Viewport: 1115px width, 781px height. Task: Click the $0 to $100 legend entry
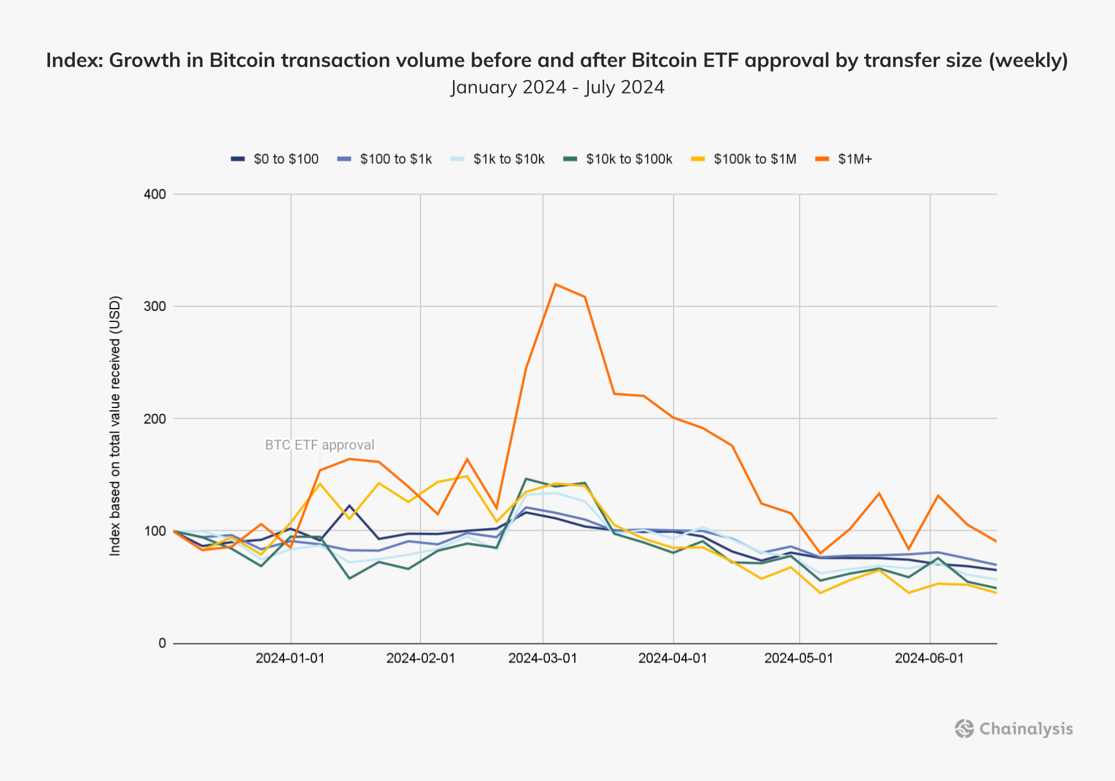click(x=275, y=159)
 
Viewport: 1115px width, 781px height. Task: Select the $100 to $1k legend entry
click(x=385, y=159)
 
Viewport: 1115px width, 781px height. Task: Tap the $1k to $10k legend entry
click(x=498, y=159)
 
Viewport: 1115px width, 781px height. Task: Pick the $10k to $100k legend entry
click(x=618, y=159)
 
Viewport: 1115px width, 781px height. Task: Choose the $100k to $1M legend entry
click(x=744, y=159)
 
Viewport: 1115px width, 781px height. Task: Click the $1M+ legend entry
click(x=844, y=159)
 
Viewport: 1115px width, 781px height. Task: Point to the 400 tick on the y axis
click(x=154, y=194)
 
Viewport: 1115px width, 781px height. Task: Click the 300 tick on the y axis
click(x=154, y=306)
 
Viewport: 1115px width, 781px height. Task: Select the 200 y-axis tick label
click(x=154, y=418)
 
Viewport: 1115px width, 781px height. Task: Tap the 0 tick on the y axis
click(x=162, y=643)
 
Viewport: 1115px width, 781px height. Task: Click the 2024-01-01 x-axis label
click(x=290, y=658)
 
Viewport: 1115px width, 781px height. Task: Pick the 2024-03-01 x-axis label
click(x=542, y=658)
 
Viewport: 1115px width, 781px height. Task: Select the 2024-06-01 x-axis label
click(x=929, y=658)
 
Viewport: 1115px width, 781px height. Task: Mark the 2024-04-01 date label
click(x=672, y=658)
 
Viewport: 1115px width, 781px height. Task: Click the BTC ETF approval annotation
click(x=319, y=445)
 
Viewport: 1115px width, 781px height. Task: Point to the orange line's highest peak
click(x=556, y=284)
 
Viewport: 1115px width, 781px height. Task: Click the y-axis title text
click(x=116, y=426)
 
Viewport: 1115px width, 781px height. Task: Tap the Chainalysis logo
click(x=1014, y=729)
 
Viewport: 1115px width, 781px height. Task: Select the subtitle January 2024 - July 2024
click(x=557, y=87)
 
